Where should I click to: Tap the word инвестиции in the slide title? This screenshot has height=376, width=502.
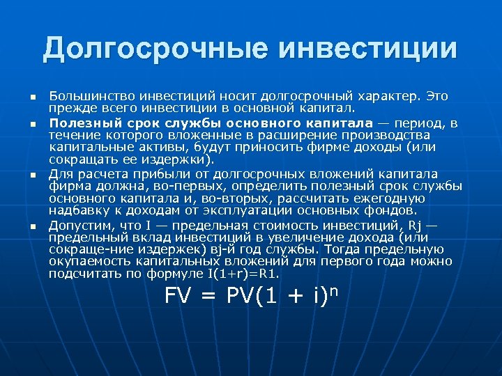[x=369, y=49]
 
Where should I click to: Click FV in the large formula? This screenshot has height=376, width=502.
[x=178, y=297]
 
